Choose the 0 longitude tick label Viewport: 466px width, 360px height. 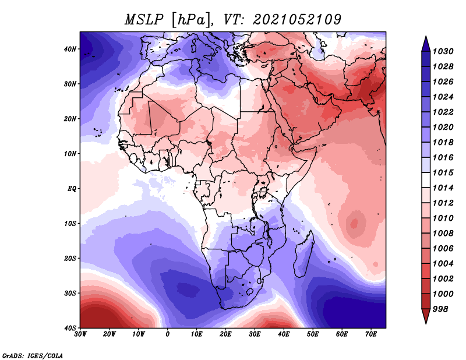(x=168, y=334)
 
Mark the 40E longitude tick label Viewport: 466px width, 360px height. (x=284, y=334)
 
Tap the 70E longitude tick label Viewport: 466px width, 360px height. (x=370, y=334)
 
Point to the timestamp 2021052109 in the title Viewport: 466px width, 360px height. (x=296, y=19)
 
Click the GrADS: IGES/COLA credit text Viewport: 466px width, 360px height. (x=33, y=355)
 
